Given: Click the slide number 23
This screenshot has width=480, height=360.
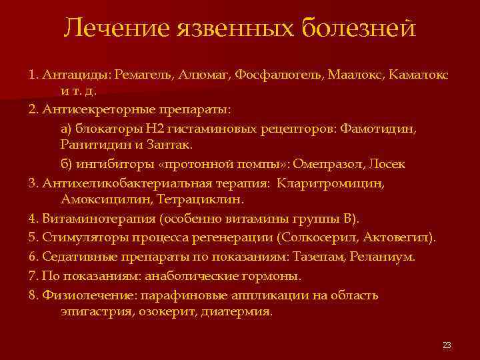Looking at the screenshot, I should pos(447,345).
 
